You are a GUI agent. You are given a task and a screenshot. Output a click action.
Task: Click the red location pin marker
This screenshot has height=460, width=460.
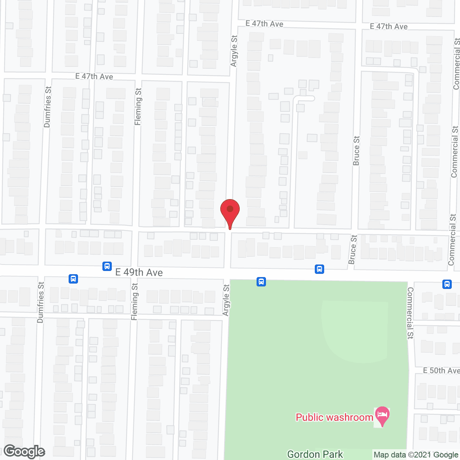[x=230, y=211]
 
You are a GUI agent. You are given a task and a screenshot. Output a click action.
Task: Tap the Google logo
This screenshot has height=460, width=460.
[x=24, y=451]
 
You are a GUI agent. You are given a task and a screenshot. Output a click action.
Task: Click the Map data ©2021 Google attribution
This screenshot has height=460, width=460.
[x=416, y=455]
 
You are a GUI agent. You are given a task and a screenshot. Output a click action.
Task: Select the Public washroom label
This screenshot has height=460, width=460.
[x=334, y=417]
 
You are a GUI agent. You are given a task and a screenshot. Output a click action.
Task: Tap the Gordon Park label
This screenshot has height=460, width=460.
[x=315, y=455]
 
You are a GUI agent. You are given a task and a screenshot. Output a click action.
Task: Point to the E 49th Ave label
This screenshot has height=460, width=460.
[x=139, y=272]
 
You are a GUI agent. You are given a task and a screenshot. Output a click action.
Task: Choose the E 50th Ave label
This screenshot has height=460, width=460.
[x=441, y=371]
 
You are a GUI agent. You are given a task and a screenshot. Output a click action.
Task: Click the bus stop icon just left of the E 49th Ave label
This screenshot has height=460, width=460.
[x=107, y=266]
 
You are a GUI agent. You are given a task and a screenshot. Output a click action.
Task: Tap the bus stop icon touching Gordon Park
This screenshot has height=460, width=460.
[x=261, y=281]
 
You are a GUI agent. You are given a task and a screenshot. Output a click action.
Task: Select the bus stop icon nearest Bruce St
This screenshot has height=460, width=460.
[x=319, y=269]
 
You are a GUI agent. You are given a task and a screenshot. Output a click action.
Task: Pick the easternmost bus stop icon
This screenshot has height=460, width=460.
[x=447, y=284]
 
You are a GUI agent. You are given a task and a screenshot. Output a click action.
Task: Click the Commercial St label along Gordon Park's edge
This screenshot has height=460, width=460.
[x=410, y=313]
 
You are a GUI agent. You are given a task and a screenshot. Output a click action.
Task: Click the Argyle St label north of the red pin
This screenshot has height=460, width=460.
[x=234, y=51]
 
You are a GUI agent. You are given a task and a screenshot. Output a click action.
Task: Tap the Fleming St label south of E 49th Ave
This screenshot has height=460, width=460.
[x=135, y=302]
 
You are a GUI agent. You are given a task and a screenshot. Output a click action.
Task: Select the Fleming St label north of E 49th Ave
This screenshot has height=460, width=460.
[x=138, y=107]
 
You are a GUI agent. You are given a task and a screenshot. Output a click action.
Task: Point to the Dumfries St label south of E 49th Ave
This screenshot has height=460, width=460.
[x=41, y=302]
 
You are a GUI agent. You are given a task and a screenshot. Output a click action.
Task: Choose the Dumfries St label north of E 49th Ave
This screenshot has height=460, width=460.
[x=47, y=107]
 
